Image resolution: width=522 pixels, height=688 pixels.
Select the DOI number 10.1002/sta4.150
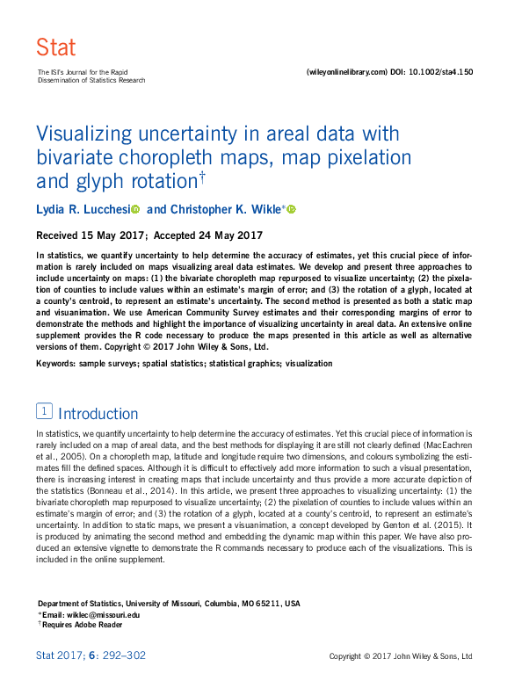pos(441,72)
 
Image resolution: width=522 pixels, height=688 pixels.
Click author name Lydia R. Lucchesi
pos(83,209)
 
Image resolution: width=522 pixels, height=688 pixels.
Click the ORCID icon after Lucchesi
pos(135,209)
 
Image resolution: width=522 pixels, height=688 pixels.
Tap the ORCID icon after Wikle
pos(292,209)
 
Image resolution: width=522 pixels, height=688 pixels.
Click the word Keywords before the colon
pos(57,363)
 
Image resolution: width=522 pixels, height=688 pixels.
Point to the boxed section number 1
pos(43,411)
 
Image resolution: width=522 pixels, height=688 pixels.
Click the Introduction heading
pos(98,413)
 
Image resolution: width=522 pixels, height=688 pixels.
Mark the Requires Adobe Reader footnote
pos(82,625)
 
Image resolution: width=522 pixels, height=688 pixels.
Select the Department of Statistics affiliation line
pos(169,604)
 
